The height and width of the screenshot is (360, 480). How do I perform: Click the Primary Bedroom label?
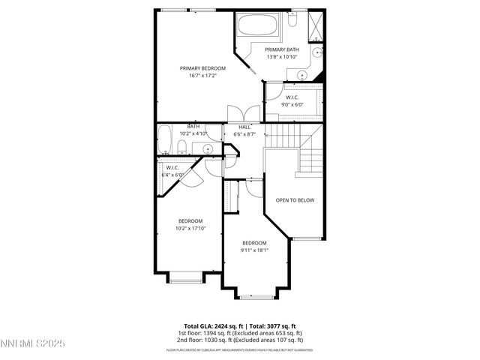coord(202,67)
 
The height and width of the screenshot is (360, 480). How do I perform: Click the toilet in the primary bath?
coord(317,52)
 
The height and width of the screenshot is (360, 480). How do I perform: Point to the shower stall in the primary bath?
coord(318,26)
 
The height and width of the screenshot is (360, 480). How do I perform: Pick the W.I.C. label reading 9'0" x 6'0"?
coord(292,104)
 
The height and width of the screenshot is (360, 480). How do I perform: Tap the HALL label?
coord(245,127)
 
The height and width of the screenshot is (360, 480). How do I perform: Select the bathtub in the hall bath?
coord(166,141)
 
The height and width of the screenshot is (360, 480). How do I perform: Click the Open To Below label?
coord(295,200)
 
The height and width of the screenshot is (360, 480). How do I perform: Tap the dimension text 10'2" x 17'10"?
coord(190,228)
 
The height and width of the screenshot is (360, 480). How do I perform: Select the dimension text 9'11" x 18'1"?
coord(254,250)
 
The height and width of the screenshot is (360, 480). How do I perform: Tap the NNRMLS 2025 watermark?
coord(34,344)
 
